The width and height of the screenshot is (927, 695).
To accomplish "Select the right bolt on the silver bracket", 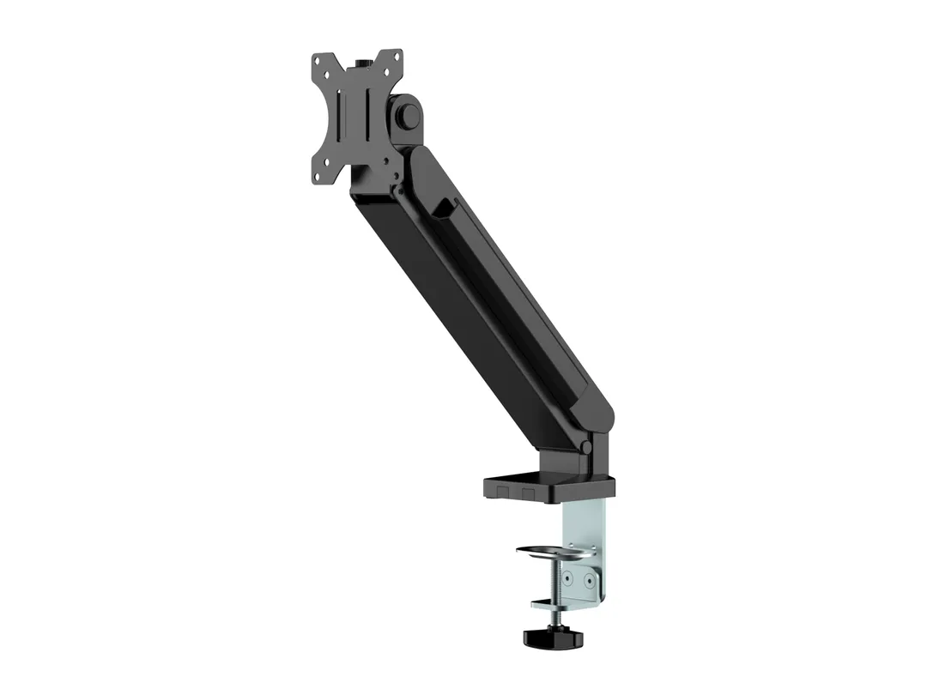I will (x=591, y=581).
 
